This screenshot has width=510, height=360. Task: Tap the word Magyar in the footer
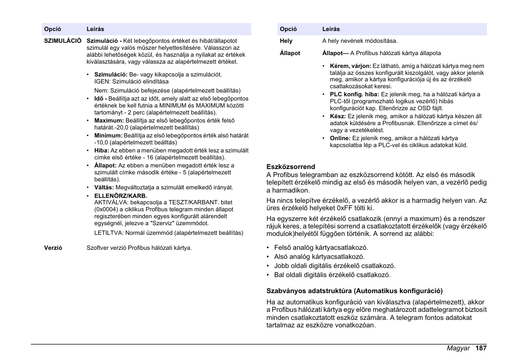[458, 348]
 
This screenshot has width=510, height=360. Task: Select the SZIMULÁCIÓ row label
[62, 41]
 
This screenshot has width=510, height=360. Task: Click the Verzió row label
[53, 248]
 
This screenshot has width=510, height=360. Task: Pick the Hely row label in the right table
[286, 41]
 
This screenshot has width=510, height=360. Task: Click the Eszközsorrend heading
[291, 166]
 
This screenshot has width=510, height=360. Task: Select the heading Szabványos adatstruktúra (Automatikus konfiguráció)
[354, 291]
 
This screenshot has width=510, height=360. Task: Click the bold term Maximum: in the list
[109, 120]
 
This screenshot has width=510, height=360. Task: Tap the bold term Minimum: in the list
[108, 135]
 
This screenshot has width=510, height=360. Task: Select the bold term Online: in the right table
[340, 138]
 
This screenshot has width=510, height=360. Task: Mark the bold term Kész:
[338, 116]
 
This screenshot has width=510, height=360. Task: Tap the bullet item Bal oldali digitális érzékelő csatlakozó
[332, 275]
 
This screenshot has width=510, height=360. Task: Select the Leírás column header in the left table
[96, 29]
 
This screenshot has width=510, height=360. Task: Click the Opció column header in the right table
[288, 29]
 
